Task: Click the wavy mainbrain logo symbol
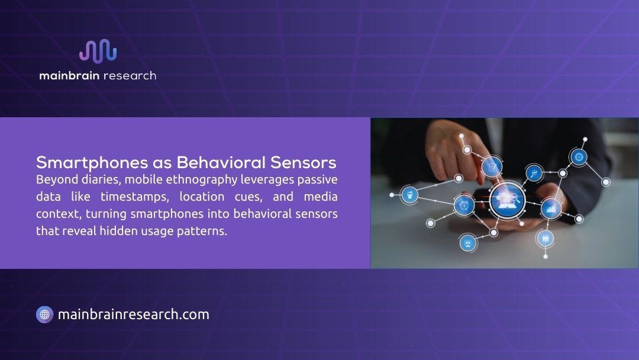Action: tap(98, 52)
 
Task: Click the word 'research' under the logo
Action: tap(130, 76)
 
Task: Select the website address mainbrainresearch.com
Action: tap(134, 314)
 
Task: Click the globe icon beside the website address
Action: tap(44, 314)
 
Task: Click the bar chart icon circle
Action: tap(550, 208)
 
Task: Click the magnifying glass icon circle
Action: tap(534, 173)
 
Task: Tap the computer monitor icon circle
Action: tap(467, 242)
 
